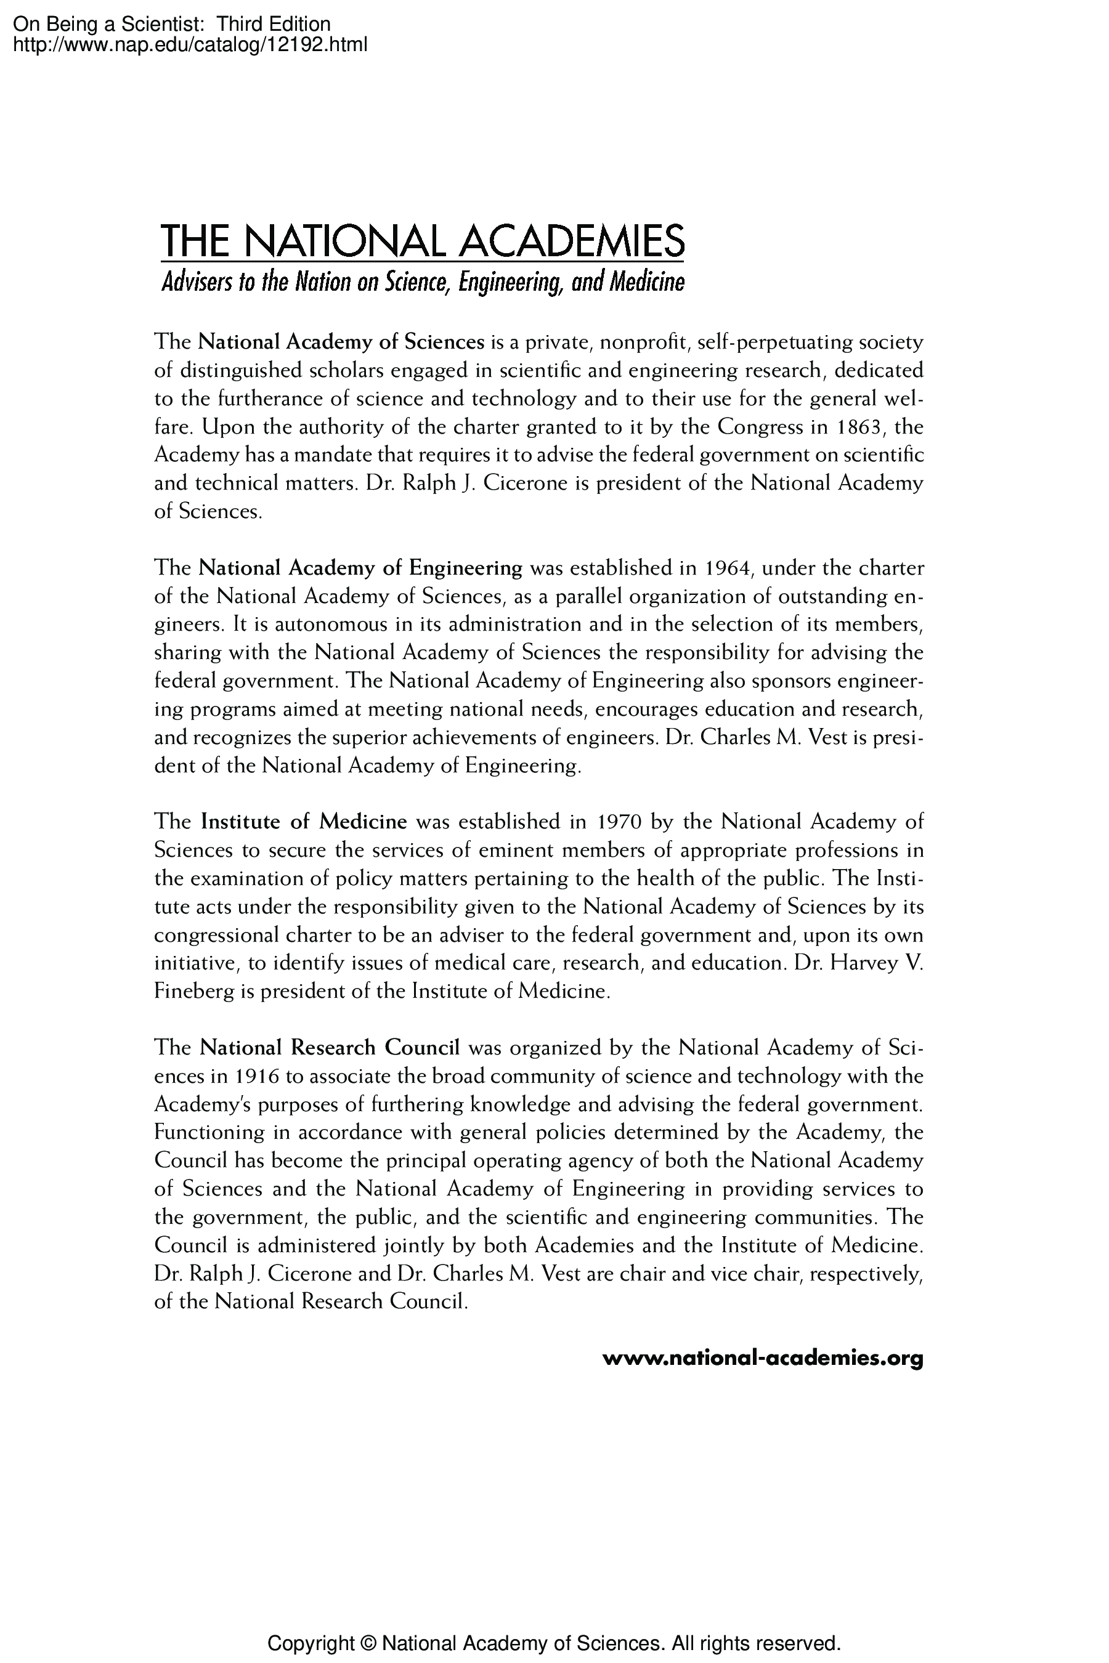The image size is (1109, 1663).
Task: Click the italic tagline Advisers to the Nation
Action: (x=422, y=283)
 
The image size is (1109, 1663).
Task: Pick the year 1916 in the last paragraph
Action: (x=254, y=1076)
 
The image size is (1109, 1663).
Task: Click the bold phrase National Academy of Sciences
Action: (x=341, y=342)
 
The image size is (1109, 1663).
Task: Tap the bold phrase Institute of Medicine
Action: (x=304, y=822)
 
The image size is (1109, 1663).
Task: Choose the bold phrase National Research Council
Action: (x=330, y=1048)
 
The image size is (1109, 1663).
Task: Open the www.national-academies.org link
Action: (x=763, y=1358)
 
